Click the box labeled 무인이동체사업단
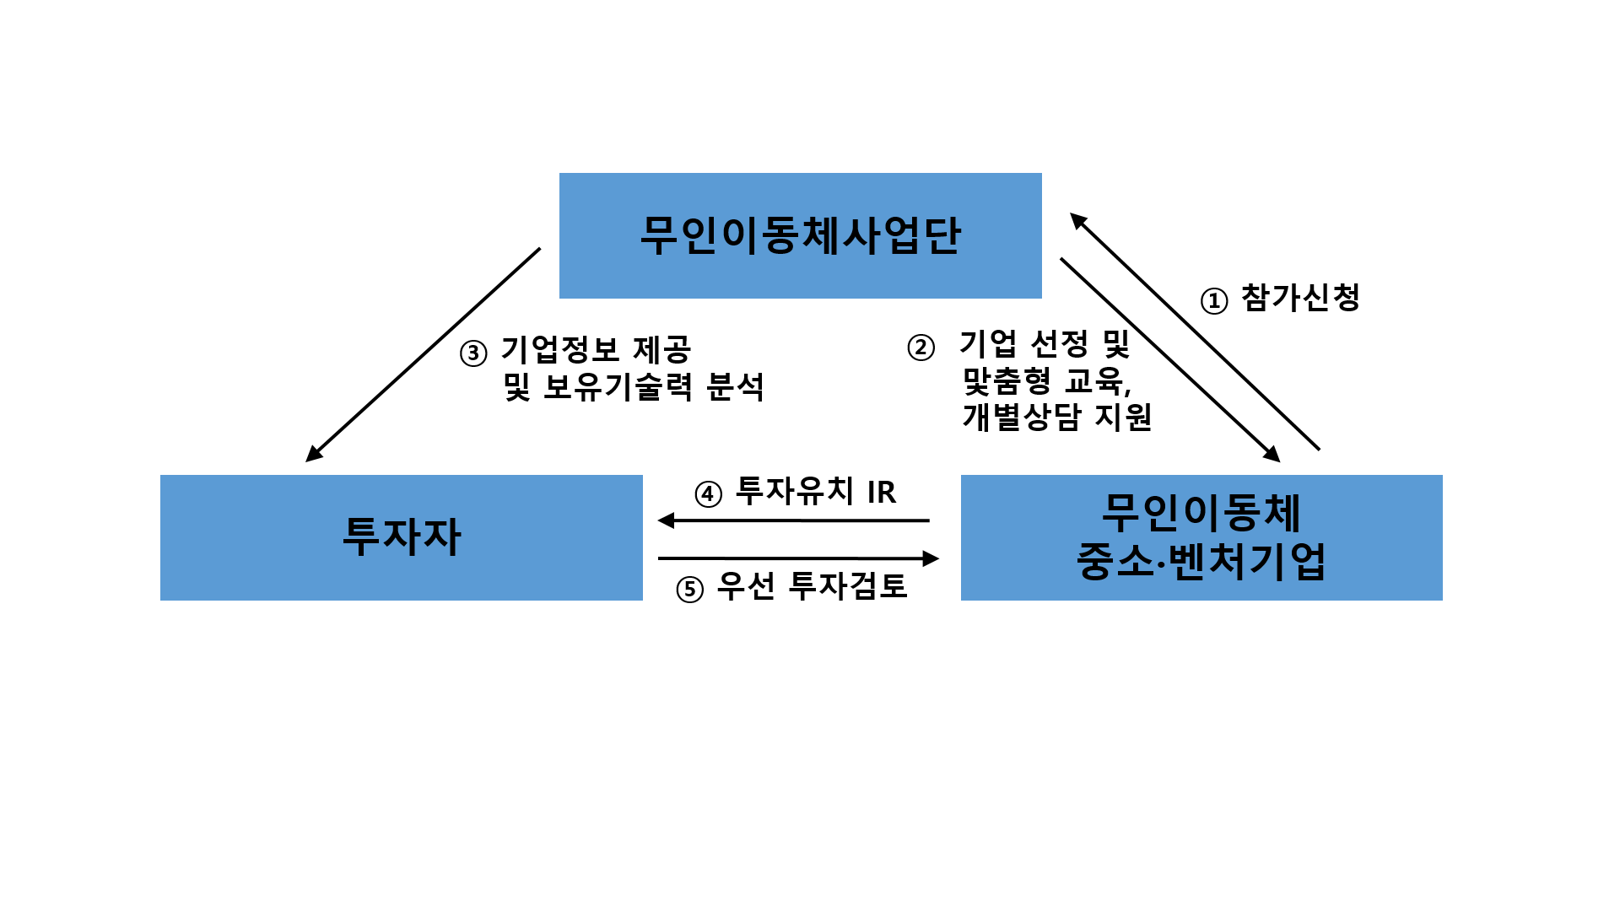(x=800, y=235)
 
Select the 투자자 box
(x=401, y=537)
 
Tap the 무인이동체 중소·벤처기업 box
(x=1201, y=537)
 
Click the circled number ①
(x=1213, y=300)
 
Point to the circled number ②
(x=921, y=348)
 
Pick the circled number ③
(x=473, y=353)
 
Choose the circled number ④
(x=708, y=493)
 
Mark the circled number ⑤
(x=689, y=589)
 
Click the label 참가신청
(x=1300, y=298)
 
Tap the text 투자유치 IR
(x=815, y=491)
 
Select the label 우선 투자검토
(x=812, y=586)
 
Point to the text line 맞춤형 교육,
(x=1046, y=381)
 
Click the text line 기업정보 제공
(x=596, y=349)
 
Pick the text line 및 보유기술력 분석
(x=633, y=387)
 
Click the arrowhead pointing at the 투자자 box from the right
(x=667, y=520)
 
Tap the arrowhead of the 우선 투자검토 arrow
(x=931, y=558)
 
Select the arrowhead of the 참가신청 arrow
(x=1078, y=221)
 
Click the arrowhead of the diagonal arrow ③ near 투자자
(x=314, y=454)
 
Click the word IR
(x=881, y=492)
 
